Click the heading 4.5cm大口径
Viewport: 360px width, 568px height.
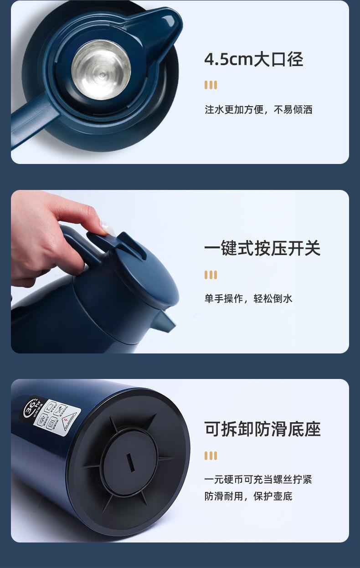click(x=253, y=60)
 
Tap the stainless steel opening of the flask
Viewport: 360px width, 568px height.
click(x=101, y=69)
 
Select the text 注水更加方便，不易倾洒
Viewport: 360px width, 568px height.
click(x=258, y=110)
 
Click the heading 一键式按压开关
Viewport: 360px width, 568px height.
click(x=262, y=249)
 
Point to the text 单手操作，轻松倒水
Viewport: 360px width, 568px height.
click(x=248, y=299)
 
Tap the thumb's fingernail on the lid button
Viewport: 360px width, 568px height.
click(x=108, y=228)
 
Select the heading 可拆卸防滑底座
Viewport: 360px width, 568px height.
click(x=262, y=429)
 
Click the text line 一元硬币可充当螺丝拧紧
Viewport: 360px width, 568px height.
click(x=258, y=479)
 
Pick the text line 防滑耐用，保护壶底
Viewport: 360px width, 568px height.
click(x=248, y=496)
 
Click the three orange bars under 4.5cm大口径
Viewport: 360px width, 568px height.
click(x=211, y=85)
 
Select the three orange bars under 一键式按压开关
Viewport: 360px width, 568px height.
click(x=211, y=275)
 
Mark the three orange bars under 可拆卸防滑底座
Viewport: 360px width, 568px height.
click(x=211, y=455)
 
